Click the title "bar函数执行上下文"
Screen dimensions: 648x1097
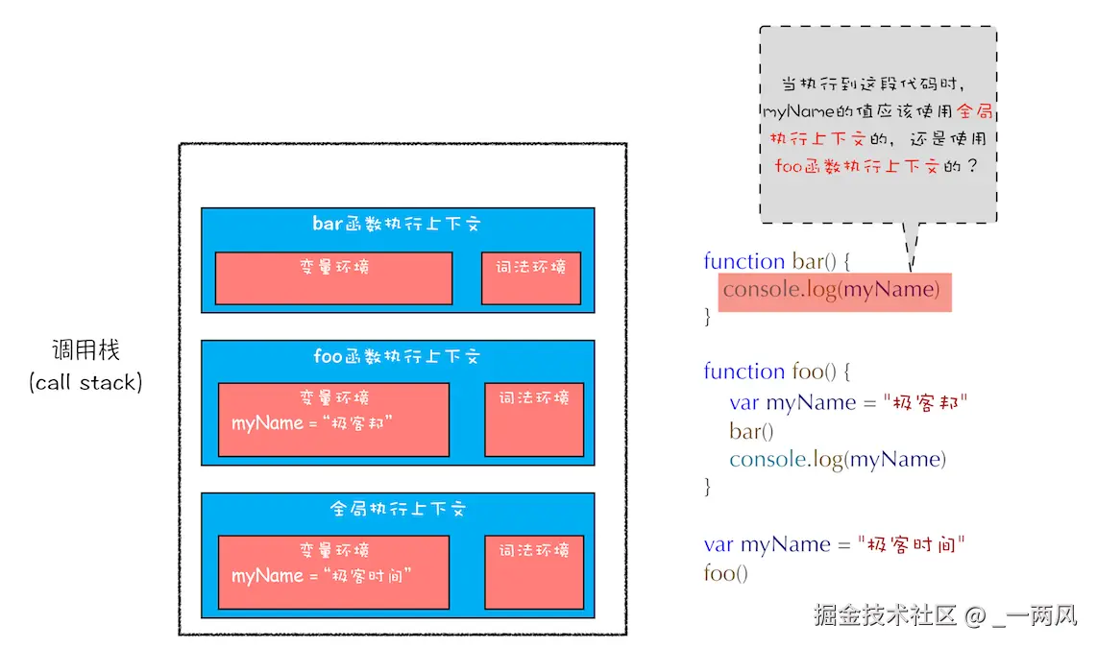point(397,224)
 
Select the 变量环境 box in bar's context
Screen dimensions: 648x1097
point(333,278)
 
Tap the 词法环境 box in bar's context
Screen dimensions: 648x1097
point(531,278)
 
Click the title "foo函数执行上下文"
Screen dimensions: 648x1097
point(397,356)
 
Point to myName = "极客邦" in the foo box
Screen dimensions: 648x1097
point(313,423)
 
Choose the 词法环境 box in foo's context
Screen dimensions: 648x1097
point(534,420)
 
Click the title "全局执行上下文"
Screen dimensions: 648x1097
point(397,509)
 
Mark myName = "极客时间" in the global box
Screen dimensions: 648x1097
point(322,576)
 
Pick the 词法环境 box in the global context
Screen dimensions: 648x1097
point(534,572)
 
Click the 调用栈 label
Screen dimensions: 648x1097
point(85,349)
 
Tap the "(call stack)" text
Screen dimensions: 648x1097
point(85,382)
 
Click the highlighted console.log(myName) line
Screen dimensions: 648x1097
point(832,289)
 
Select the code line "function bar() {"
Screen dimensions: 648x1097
point(778,261)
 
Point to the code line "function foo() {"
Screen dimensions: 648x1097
point(778,372)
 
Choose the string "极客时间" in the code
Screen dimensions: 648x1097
point(911,544)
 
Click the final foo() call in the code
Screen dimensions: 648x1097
point(725,573)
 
